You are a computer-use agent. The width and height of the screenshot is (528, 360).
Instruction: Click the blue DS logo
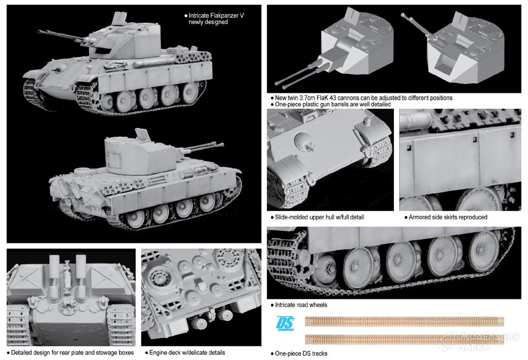click(x=285, y=324)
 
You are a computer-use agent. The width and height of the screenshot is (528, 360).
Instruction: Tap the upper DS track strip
click(x=404, y=322)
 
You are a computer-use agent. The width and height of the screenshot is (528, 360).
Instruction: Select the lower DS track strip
click(x=404, y=339)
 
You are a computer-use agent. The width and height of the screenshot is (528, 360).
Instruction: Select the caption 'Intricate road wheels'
click(x=301, y=305)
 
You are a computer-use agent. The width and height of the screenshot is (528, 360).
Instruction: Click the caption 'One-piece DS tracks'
click(x=301, y=353)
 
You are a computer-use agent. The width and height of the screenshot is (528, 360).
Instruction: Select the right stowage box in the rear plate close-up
click(x=110, y=279)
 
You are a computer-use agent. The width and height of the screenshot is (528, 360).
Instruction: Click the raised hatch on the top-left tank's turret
click(x=119, y=18)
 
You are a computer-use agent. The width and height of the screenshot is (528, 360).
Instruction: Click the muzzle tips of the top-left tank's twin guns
click(x=40, y=32)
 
